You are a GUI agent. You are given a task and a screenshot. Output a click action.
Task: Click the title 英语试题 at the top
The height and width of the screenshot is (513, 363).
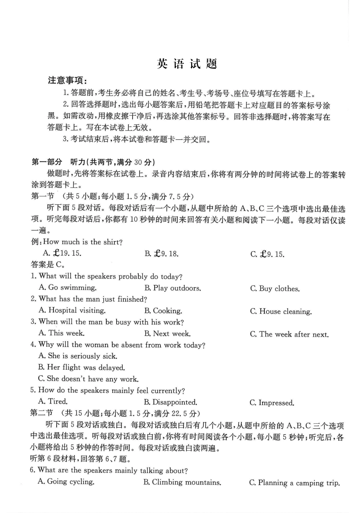pyautogui.click(x=187, y=64)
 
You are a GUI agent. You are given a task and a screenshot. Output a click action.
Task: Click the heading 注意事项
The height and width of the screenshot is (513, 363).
pyautogui.click(x=67, y=81)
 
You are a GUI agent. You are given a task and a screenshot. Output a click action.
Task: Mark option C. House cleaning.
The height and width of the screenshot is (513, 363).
pyautogui.click(x=281, y=311)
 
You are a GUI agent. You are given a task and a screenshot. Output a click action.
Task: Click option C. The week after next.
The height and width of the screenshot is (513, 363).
pyautogui.click(x=289, y=334)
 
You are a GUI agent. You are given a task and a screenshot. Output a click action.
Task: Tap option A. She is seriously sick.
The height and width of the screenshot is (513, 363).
pyautogui.click(x=78, y=356)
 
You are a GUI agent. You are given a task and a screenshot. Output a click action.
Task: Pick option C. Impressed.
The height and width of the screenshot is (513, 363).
pyautogui.click(x=272, y=403)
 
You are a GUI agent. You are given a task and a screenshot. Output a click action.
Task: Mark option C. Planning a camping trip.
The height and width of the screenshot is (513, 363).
pyautogui.click(x=294, y=483)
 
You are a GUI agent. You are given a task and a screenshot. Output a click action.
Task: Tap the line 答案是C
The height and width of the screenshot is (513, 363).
pyautogui.click(x=47, y=265)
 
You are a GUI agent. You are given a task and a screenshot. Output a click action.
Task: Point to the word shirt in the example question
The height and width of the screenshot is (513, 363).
pyautogui.click(x=113, y=242)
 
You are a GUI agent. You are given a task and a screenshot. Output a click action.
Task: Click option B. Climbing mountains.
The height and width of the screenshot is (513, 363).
pyautogui.click(x=182, y=482)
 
